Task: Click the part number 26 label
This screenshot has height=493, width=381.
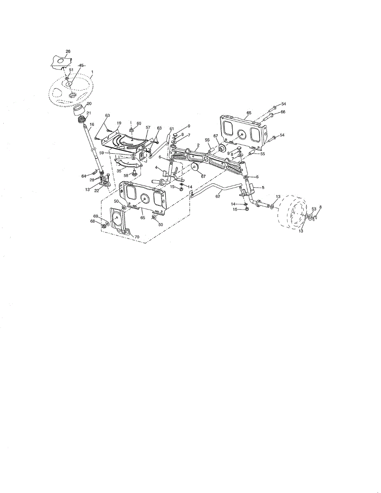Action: pos(68,51)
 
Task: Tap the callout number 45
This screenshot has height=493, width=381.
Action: pos(81,65)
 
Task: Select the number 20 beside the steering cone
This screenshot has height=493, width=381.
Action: pos(89,104)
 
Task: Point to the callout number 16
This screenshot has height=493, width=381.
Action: pos(92,124)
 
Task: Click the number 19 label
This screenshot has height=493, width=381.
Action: pos(119,123)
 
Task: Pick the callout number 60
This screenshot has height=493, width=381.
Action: pos(139,123)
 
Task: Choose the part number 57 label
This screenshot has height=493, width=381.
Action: pos(148,127)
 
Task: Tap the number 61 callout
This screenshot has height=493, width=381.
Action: pos(171,129)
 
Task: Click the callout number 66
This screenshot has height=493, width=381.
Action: pos(283,112)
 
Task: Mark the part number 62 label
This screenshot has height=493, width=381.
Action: pos(218,196)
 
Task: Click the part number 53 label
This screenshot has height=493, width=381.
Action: pos(314,209)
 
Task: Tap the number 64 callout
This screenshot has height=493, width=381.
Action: pos(84,176)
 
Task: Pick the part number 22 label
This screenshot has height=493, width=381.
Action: pos(96,190)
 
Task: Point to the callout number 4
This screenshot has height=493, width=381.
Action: pos(156,167)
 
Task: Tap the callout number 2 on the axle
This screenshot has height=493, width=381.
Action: pos(198,145)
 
